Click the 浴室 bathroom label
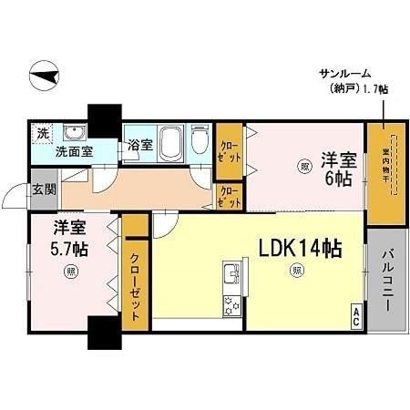[139, 146]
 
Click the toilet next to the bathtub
[200, 143]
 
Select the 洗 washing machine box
[42, 133]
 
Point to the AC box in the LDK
[354, 319]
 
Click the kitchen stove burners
[231, 305]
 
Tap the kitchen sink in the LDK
[231, 275]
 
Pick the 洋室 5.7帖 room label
[70, 237]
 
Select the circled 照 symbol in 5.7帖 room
[70, 272]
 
